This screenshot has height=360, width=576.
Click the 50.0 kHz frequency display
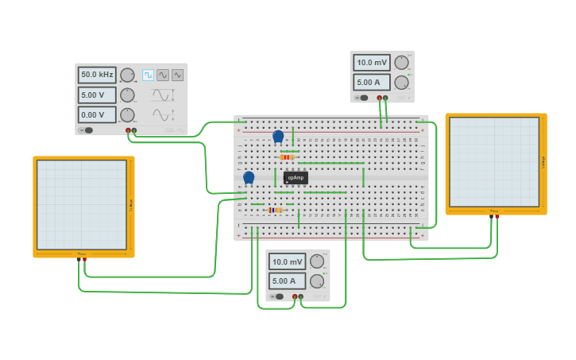97,75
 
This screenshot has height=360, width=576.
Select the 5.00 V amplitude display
97,95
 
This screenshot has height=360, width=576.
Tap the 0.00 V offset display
97,114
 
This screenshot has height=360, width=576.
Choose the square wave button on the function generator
148,75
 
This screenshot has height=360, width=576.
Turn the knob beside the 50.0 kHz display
127,75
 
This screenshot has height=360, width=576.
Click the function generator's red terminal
128,130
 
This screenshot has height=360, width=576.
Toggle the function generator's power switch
86,130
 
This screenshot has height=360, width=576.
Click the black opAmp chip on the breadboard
296,177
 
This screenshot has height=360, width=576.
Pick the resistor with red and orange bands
288,157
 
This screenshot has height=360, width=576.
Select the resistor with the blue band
275,210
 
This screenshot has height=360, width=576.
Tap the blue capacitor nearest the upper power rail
278,137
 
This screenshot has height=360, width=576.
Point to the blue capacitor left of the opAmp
249,177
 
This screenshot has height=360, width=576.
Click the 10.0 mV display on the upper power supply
372,63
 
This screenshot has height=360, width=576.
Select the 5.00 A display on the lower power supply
288,281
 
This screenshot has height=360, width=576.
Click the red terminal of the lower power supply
295,296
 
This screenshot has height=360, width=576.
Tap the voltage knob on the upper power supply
402,63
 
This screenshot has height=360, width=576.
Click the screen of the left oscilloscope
82,204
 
